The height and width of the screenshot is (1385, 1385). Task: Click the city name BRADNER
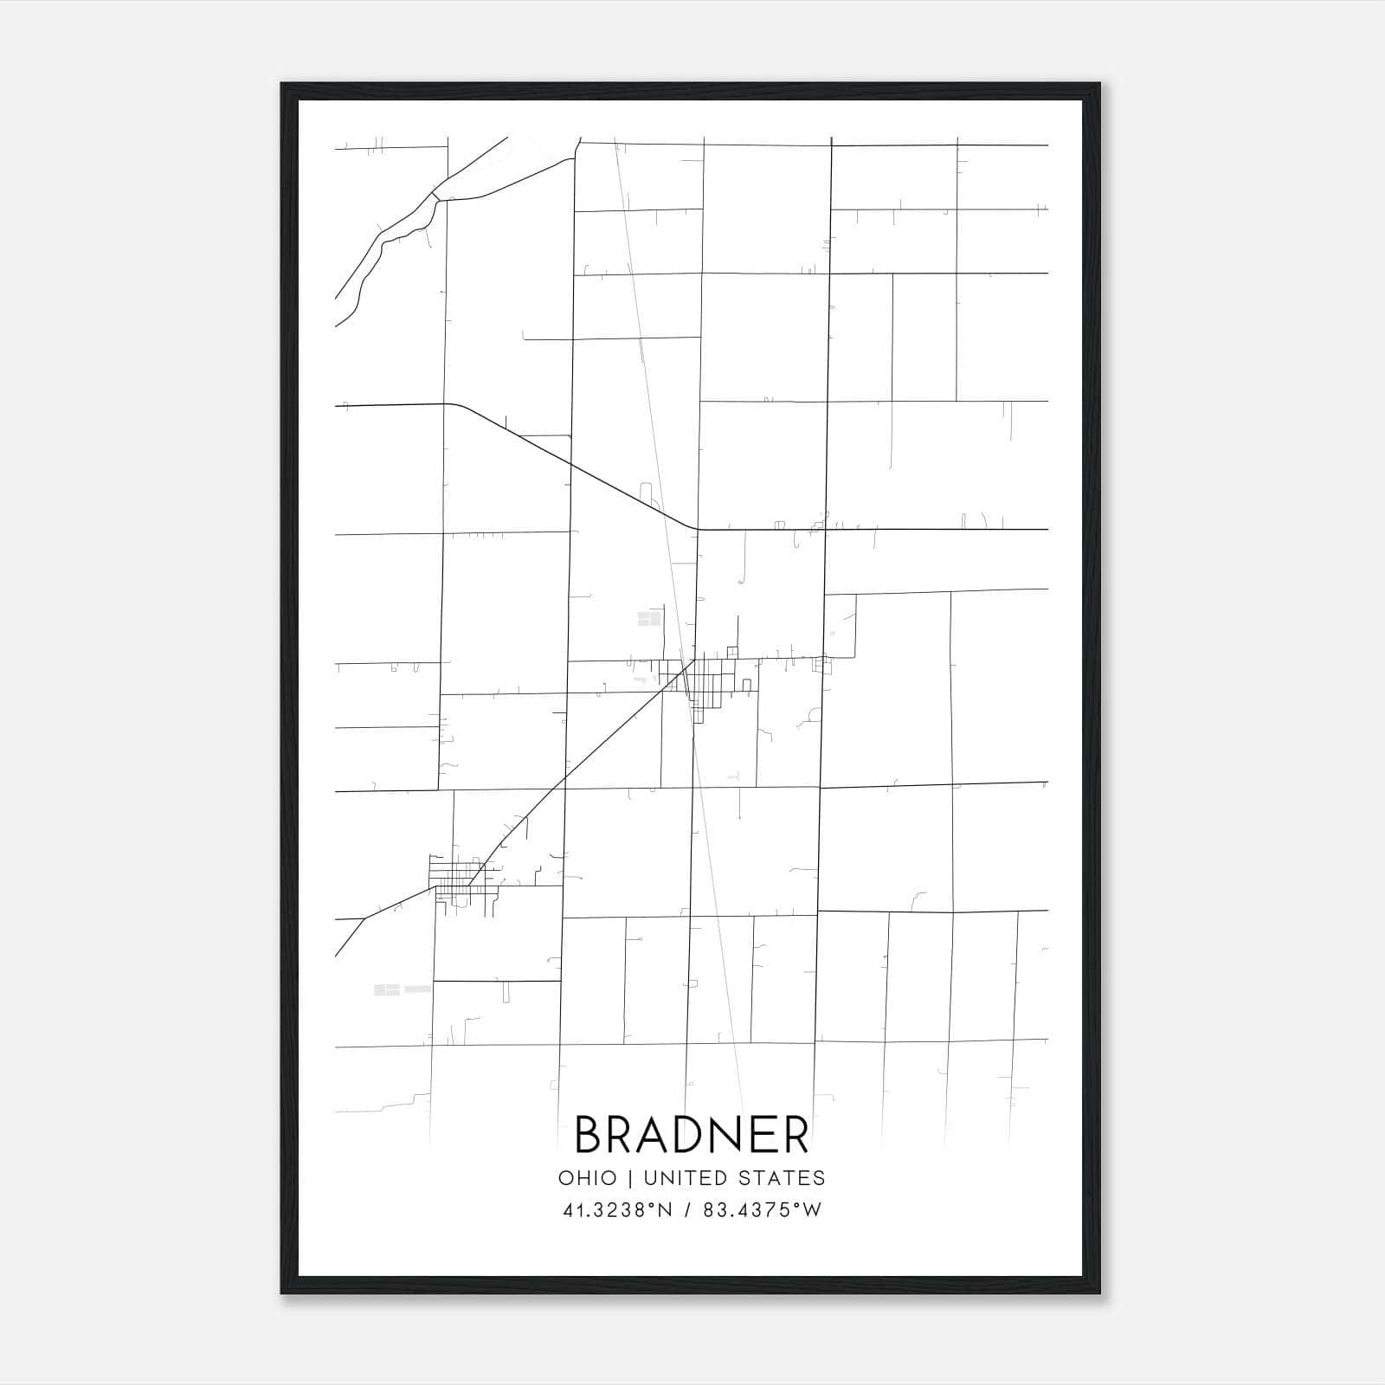point(692,1134)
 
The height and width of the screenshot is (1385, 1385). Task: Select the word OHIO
point(588,1178)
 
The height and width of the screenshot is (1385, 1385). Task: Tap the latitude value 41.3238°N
point(617,1210)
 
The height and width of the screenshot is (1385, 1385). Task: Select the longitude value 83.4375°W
point(762,1210)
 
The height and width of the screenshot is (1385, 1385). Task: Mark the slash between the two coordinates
point(688,1210)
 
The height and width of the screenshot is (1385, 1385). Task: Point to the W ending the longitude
point(811,1210)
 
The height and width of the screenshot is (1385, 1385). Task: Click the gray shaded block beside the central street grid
point(649,618)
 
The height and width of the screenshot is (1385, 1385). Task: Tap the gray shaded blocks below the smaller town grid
point(387,989)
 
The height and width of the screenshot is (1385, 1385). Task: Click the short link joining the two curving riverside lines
point(435,198)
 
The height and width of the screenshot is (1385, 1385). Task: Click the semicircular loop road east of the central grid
point(814,715)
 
